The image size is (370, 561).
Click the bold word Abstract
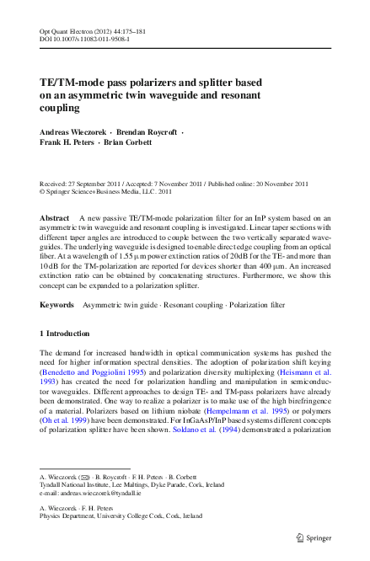[x=55, y=217]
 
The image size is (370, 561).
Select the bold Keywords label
[x=57, y=304]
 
